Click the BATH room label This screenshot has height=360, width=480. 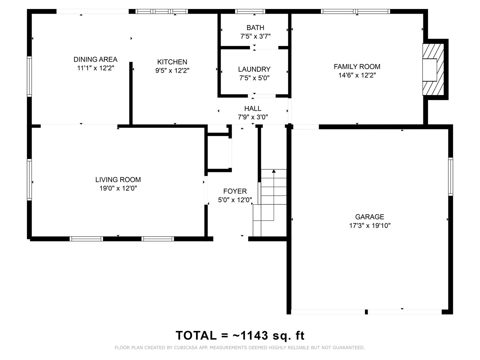click(255, 28)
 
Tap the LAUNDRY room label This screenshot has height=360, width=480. click(254, 69)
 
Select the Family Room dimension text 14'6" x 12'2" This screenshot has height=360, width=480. click(357, 75)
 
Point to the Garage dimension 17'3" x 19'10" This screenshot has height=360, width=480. click(370, 226)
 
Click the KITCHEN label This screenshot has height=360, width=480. click(172, 62)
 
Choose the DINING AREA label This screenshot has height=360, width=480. click(95, 59)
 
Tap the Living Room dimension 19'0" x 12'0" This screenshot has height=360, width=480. click(118, 188)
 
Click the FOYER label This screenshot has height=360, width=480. click(235, 191)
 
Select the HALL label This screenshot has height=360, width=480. click(253, 109)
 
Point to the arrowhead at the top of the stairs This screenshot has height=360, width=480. click(274, 171)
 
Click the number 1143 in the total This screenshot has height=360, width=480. click(254, 336)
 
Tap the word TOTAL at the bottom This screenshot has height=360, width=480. click(196, 336)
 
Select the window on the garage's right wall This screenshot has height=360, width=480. click(450, 176)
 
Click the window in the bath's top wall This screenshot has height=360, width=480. click(250, 11)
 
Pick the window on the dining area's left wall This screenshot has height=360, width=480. click(29, 76)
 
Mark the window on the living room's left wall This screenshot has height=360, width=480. click(29, 180)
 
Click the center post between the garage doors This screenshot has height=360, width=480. click(366, 312)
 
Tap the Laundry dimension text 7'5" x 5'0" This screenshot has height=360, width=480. click(254, 78)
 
